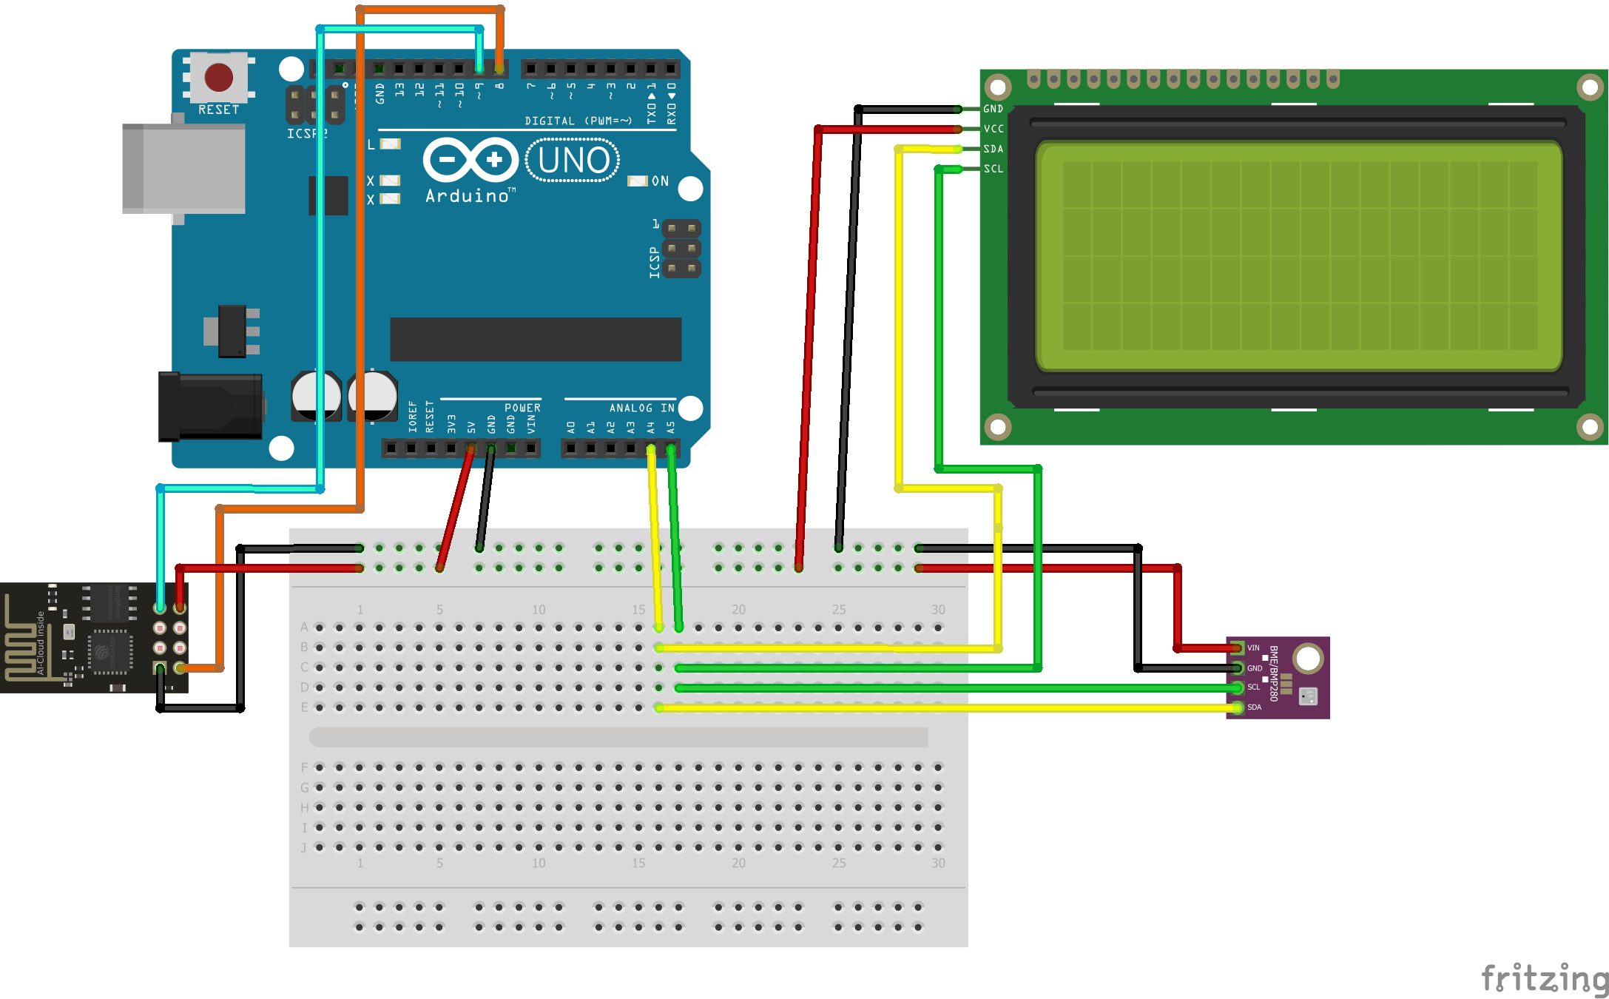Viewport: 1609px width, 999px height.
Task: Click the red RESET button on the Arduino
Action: pos(218,77)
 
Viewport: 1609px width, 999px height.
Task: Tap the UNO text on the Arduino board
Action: pos(573,161)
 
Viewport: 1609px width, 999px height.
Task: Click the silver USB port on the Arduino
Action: pos(183,169)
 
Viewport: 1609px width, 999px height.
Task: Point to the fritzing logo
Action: pos(1544,979)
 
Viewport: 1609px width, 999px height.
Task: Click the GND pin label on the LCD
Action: pos(993,109)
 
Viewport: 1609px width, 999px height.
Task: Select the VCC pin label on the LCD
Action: pos(994,129)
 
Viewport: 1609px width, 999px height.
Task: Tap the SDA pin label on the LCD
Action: pos(994,149)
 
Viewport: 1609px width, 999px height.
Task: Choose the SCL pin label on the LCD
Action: pos(994,169)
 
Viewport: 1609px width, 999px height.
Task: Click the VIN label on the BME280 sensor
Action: pos(1253,648)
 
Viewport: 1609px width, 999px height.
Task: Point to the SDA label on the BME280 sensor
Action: pos(1255,707)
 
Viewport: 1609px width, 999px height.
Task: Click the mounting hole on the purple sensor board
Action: pos(1308,658)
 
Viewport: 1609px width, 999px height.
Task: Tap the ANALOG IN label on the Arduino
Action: pos(641,408)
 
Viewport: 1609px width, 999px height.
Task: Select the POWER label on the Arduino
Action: pos(522,408)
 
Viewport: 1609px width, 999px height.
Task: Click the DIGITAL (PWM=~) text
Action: pos(578,121)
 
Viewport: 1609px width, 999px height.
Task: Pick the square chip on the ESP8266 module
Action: pos(110,652)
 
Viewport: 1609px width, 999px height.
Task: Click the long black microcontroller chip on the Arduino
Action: pos(535,340)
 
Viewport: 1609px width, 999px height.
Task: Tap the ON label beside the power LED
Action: pos(660,181)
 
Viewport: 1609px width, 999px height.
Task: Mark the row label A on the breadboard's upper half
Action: pos(304,628)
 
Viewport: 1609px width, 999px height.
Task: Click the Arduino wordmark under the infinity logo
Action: pos(468,196)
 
